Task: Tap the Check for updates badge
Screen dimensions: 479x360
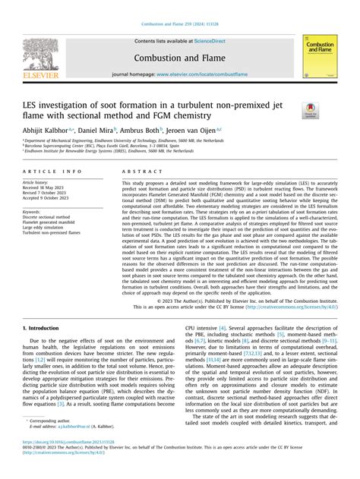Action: (311, 112)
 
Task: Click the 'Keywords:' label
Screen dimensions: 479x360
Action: (33, 211)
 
